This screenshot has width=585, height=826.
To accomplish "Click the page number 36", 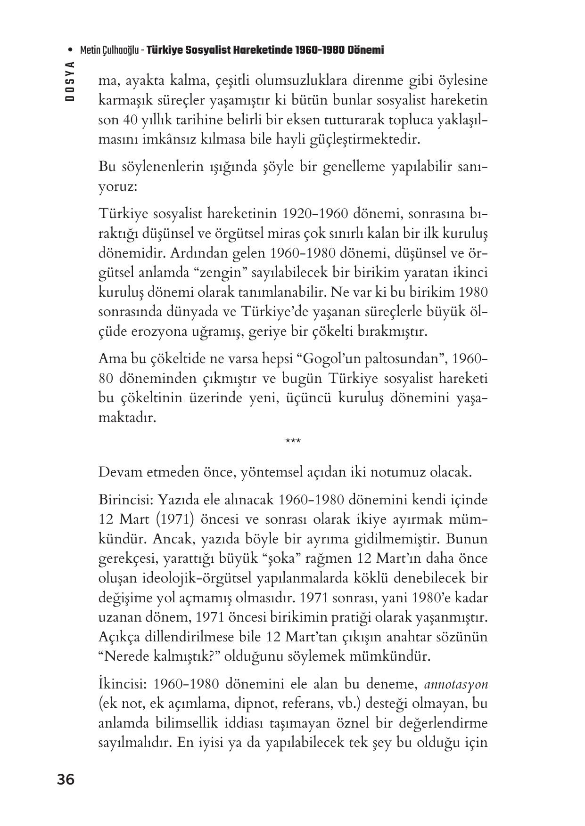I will pyautogui.click(x=66, y=780).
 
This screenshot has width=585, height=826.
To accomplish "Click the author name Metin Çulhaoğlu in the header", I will pyautogui.click(x=109, y=50).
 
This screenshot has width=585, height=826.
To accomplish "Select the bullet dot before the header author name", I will pyautogui.click(x=70, y=50).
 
